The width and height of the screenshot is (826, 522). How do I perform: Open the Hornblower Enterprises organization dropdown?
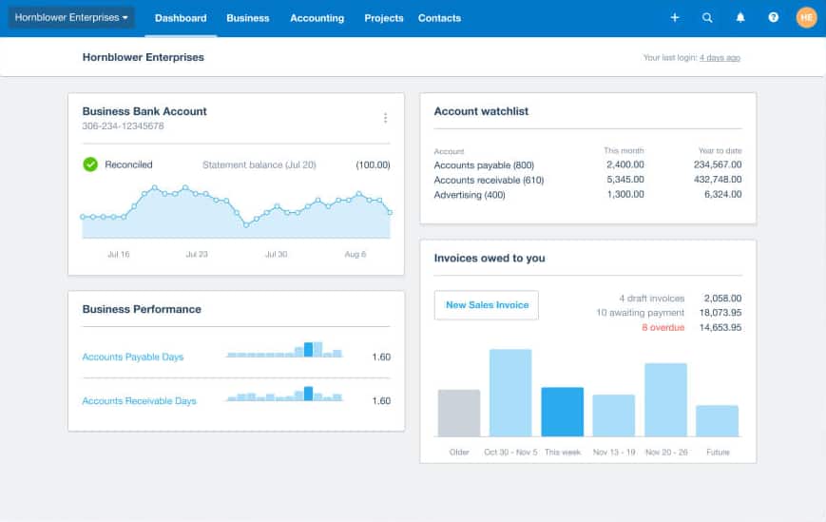[x=71, y=17]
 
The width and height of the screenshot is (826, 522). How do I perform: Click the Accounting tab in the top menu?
[x=317, y=18]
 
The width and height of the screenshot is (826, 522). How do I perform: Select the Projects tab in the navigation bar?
[x=383, y=18]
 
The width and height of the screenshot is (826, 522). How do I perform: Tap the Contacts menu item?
[x=439, y=18]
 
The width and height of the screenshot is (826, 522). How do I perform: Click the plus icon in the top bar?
[x=675, y=17]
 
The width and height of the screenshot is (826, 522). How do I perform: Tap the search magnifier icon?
[x=707, y=17]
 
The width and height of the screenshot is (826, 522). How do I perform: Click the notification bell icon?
[x=740, y=17]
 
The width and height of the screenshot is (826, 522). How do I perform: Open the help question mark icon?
[x=773, y=17]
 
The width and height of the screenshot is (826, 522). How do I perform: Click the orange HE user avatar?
[x=806, y=17]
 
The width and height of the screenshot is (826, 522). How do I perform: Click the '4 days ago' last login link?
[x=720, y=58]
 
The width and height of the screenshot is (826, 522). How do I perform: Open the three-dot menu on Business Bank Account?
[x=385, y=118]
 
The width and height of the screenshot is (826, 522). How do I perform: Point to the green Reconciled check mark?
[x=90, y=164]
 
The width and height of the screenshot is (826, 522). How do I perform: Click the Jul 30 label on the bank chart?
[x=276, y=255]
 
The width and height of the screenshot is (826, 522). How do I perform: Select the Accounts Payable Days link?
[x=133, y=358]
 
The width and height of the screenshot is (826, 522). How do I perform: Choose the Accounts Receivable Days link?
[x=139, y=401]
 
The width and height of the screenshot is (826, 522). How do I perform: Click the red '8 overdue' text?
[x=663, y=327]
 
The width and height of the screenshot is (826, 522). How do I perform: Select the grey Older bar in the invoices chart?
[x=459, y=413]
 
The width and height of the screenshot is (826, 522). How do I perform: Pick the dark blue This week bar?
[x=563, y=412]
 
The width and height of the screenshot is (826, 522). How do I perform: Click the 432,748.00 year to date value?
[x=718, y=180]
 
